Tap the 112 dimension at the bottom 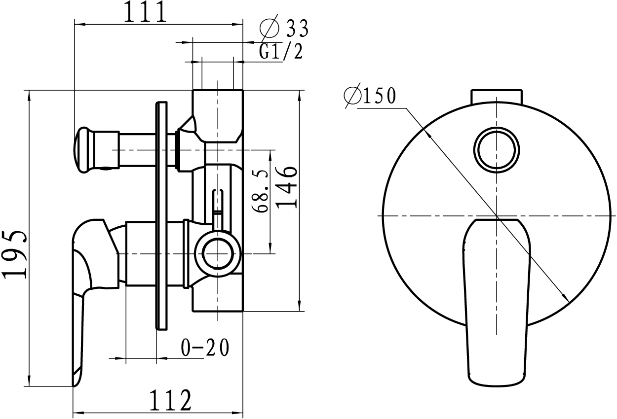(x=170, y=400)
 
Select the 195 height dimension (x=15, y=255)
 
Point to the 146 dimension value (x=286, y=187)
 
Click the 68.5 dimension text (x=260, y=191)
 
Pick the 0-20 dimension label (x=205, y=348)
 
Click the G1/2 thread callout (x=281, y=51)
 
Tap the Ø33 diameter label (x=284, y=27)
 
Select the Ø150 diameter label (x=370, y=95)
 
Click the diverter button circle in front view (x=497, y=150)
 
